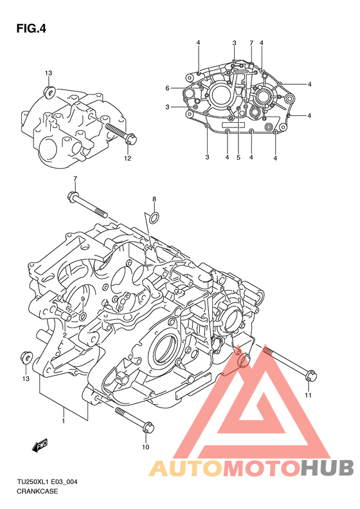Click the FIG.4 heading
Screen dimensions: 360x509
tap(31, 29)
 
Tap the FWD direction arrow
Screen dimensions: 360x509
tap(40, 445)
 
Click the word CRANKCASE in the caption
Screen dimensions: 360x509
tap(37, 491)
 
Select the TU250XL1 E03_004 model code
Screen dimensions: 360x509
tap(47, 482)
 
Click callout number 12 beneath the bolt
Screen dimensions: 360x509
tap(127, 158)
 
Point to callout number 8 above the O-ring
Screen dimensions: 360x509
tap(154, 199)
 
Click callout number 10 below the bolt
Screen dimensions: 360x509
tap(146, 447)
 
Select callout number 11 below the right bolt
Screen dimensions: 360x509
tap(308, 395)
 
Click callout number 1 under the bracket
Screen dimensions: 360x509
tap(64, 421)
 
